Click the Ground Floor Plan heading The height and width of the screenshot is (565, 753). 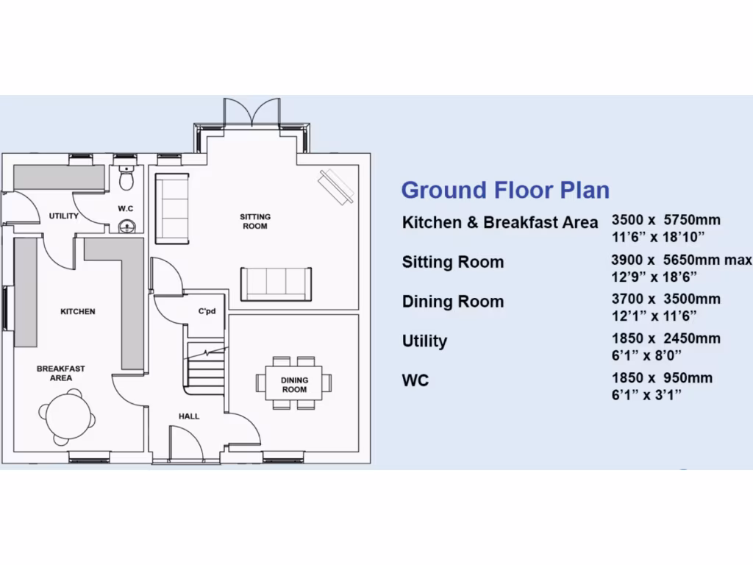pos(505,190)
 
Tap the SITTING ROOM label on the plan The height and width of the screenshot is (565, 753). pos(255,221)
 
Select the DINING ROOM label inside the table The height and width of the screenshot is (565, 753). pos(294,384)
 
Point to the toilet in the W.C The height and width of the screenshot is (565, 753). pos(126,178)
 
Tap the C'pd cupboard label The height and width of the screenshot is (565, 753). pos(207,311)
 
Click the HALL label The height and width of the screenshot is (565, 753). pos(189,416)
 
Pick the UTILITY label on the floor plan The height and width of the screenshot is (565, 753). pos(64,216)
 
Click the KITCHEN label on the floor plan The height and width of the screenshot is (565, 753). pos(77,311)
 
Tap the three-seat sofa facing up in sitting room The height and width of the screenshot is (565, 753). pos(276,283)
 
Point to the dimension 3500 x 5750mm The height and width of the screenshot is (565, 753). pos(665,220)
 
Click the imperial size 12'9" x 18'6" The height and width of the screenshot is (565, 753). pos(654,277)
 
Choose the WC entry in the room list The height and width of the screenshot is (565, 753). pos(415,381)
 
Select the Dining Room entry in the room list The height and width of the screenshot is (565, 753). pos(452,302)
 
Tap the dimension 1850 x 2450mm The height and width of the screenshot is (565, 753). pos(665,339)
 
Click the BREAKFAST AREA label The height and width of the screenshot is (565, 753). pos(61,373)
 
